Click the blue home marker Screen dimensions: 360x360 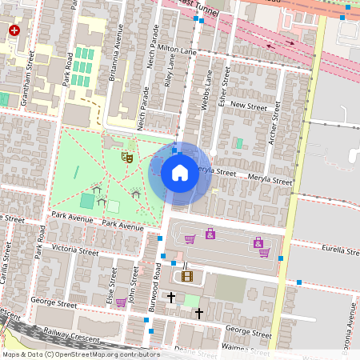(180, 173)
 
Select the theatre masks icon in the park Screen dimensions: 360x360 (126, 157)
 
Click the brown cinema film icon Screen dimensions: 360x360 (187, 276)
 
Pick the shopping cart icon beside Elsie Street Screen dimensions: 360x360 (120, 302)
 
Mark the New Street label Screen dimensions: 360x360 (247, 105)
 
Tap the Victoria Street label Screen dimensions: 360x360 (74, 251)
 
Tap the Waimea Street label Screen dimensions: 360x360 (247, 347)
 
